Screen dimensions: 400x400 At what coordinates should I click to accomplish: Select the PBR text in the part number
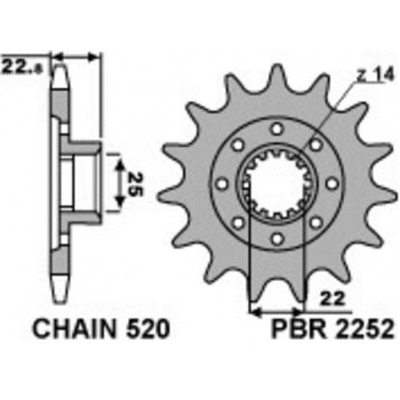pyautogui.click(x=299, y=329)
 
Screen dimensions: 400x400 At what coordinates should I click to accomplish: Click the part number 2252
pyautogui.click(x=364, y=329)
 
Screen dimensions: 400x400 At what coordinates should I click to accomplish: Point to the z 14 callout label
pyautogui.click(x=375, y=75)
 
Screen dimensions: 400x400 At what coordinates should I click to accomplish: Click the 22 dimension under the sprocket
pyautogui.click(x=333, y=299)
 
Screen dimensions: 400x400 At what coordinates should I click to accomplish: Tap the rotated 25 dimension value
pyautogui.click(x=134, y=184)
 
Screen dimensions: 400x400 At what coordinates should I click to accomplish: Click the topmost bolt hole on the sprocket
pyautogui.click(x=277, y=128)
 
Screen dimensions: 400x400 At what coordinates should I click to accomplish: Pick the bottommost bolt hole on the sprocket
pyautogui.click(x=277, y=238)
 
